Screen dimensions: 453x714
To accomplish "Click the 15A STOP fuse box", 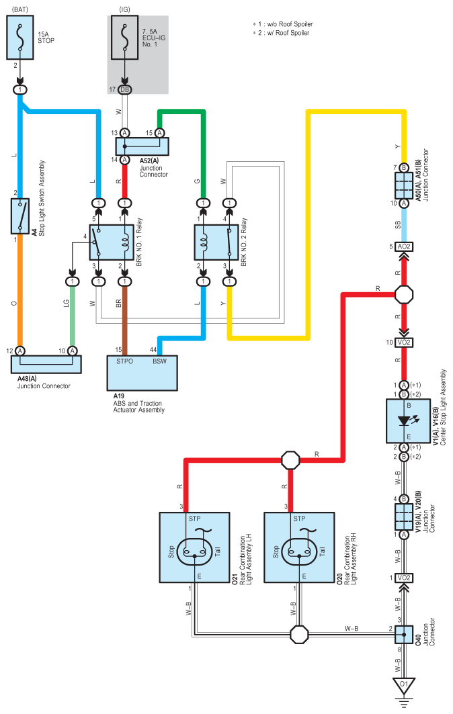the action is coord(20,38).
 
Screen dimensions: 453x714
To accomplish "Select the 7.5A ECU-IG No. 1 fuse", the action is coord(125,38).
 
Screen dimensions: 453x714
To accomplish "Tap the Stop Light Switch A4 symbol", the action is coord(20,216).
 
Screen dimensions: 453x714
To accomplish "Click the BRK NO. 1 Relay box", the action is coord(112,242).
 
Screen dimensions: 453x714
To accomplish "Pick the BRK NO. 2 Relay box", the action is coord(216,242).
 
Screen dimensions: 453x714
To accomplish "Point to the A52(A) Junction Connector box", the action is coord(142,146).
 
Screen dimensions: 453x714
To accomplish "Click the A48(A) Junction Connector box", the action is coord(46,365).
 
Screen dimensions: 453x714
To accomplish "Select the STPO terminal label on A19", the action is coord(124,361).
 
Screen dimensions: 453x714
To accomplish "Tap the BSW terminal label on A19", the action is coord(159,361).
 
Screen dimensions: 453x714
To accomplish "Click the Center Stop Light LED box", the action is coord(409,421).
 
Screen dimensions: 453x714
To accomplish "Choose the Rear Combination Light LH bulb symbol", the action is coord(195,551).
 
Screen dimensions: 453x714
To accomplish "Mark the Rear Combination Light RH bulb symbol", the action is coord(299,551).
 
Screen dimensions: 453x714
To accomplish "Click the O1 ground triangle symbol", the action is coord(404,685).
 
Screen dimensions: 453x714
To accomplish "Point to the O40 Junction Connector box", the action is coord(404,634).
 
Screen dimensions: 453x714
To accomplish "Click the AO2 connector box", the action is coord(404,247).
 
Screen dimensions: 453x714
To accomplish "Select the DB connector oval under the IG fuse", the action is coord(125,90).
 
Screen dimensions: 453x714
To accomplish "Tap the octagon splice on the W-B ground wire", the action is coord(299,634).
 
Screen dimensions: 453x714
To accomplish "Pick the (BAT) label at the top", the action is coord(19,9).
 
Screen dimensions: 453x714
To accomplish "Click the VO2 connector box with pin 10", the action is coord(404,343).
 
